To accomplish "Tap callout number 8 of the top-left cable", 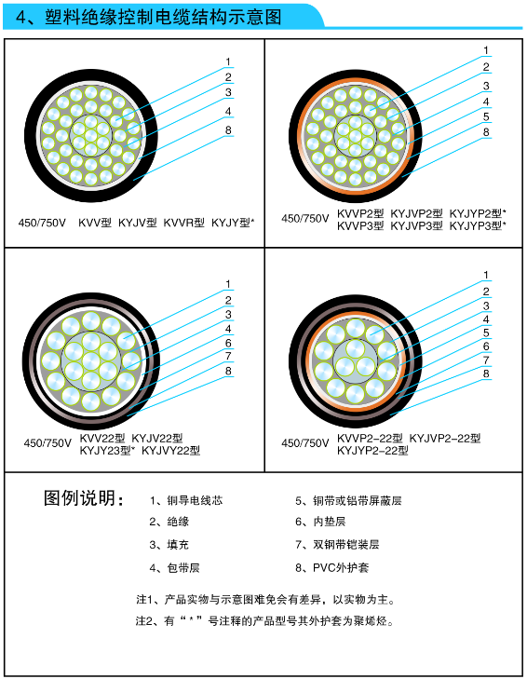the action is pos(228,129).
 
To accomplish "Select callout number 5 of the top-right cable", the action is pos(486,116).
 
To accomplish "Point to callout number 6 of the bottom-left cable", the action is pos(228,343).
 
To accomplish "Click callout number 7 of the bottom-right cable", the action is pos(486,360).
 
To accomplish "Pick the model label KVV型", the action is pos(95,223).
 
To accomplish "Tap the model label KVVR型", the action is pos(183,223).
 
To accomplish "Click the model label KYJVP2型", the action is pos(416,213).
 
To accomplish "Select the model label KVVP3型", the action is pos(360,225).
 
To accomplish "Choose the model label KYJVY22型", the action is pos(170,451).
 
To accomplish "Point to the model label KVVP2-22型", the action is pos(370,439).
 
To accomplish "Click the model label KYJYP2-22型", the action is pos(372,451).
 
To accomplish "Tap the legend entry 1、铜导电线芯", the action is pos(186,500).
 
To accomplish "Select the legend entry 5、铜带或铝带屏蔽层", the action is pos(348,500).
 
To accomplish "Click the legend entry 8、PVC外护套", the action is pos(332,567).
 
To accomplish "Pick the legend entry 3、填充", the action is pos(169,544).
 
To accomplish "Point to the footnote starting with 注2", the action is pos(265,621).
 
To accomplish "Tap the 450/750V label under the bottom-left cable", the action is pos(47,443).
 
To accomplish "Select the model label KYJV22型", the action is pos(157,439).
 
